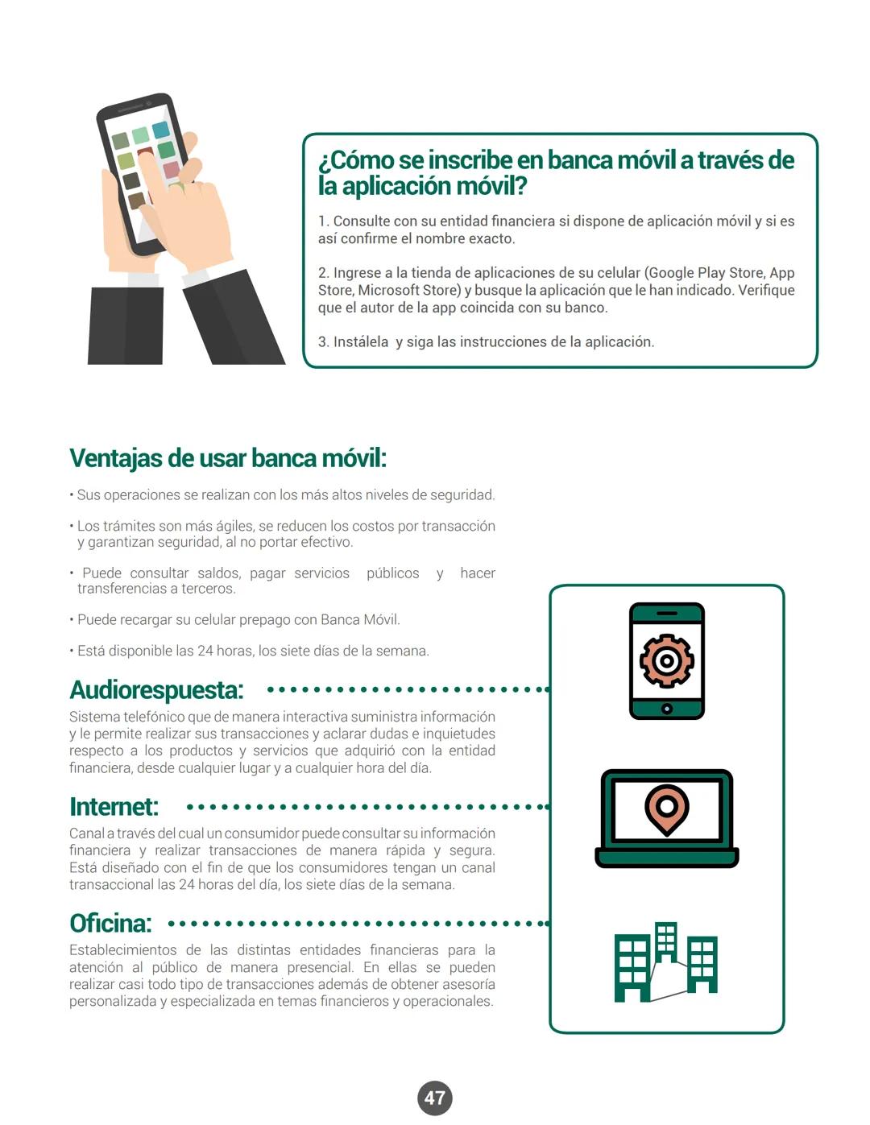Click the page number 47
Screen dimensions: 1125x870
click(x=435, y=1098)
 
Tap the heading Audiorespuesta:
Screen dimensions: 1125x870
click(x=156, y=690)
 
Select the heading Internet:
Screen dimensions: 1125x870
click(x=114, y=807)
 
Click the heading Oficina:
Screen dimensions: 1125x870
click(x=110, y=924)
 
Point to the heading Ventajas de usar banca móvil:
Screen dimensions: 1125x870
click(x=228, y=458)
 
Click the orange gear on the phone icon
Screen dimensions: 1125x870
click(x=666, y=660)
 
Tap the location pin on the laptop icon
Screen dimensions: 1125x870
click(x=666, y=809)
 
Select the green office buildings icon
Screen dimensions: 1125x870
click(x=665, y=962)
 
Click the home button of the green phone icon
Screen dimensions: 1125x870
click(x=666, y=709)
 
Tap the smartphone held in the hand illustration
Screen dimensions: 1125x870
click(x=141, y=173)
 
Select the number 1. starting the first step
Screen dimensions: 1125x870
click(x=323, y=221)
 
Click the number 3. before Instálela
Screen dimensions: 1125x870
click(x=323, y=342)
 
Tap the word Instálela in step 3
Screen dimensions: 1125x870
click(x=361, y=342)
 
